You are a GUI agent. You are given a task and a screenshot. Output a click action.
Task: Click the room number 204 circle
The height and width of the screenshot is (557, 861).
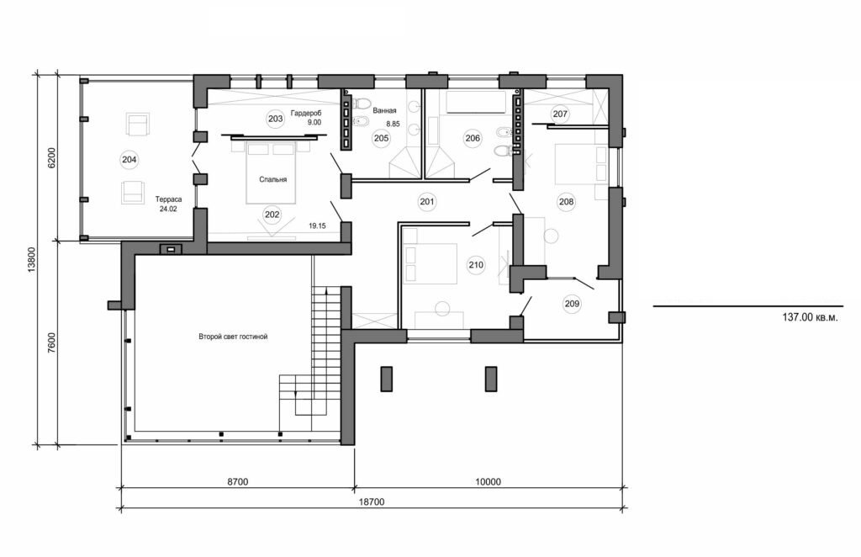[x=129, y=159]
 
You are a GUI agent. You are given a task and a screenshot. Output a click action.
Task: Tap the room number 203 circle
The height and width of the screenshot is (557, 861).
[x=274, y=119]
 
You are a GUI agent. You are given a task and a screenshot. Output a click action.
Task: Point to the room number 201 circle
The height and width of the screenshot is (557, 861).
[x=427, y=201]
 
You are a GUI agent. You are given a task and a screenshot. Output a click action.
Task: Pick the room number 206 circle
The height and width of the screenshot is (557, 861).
[x=472, y=139]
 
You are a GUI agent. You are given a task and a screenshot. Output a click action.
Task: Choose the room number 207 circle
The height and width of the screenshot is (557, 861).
[x=561, y=114]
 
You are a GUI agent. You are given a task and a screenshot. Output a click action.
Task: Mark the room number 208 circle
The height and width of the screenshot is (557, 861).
[x=565, y=201]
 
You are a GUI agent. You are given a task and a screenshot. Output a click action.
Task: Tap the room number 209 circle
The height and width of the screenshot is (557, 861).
[x=572, y=305]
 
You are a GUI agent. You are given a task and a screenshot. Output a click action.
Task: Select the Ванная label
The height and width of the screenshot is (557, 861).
[x=384, y=110]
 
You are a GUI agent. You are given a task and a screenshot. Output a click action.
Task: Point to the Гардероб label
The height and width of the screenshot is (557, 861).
[x=306, y=113]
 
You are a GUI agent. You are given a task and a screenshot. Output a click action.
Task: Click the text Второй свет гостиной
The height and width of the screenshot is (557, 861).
[x=232, y=337]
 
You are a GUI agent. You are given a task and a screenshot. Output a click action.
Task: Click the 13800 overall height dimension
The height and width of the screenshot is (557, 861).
[x=31, y=262]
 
